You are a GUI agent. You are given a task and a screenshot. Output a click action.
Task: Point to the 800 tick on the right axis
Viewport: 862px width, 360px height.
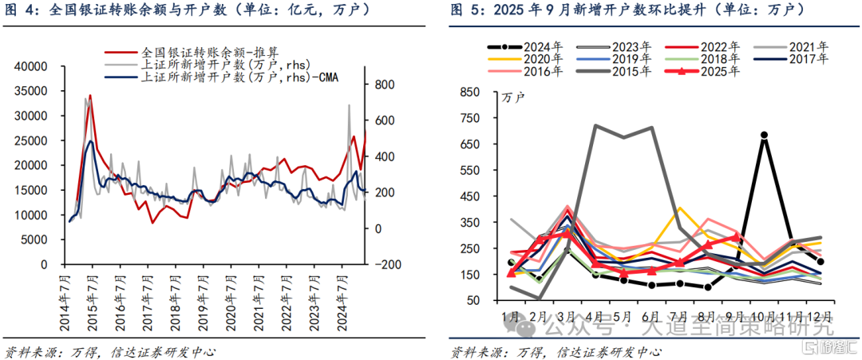(382, 84)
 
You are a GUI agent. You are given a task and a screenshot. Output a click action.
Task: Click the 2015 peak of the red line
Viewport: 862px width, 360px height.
(90, 96)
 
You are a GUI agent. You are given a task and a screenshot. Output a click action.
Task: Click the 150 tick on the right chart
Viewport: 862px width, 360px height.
(472, 275)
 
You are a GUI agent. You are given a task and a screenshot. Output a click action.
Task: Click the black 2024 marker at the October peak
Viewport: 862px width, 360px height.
(764, 136)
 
